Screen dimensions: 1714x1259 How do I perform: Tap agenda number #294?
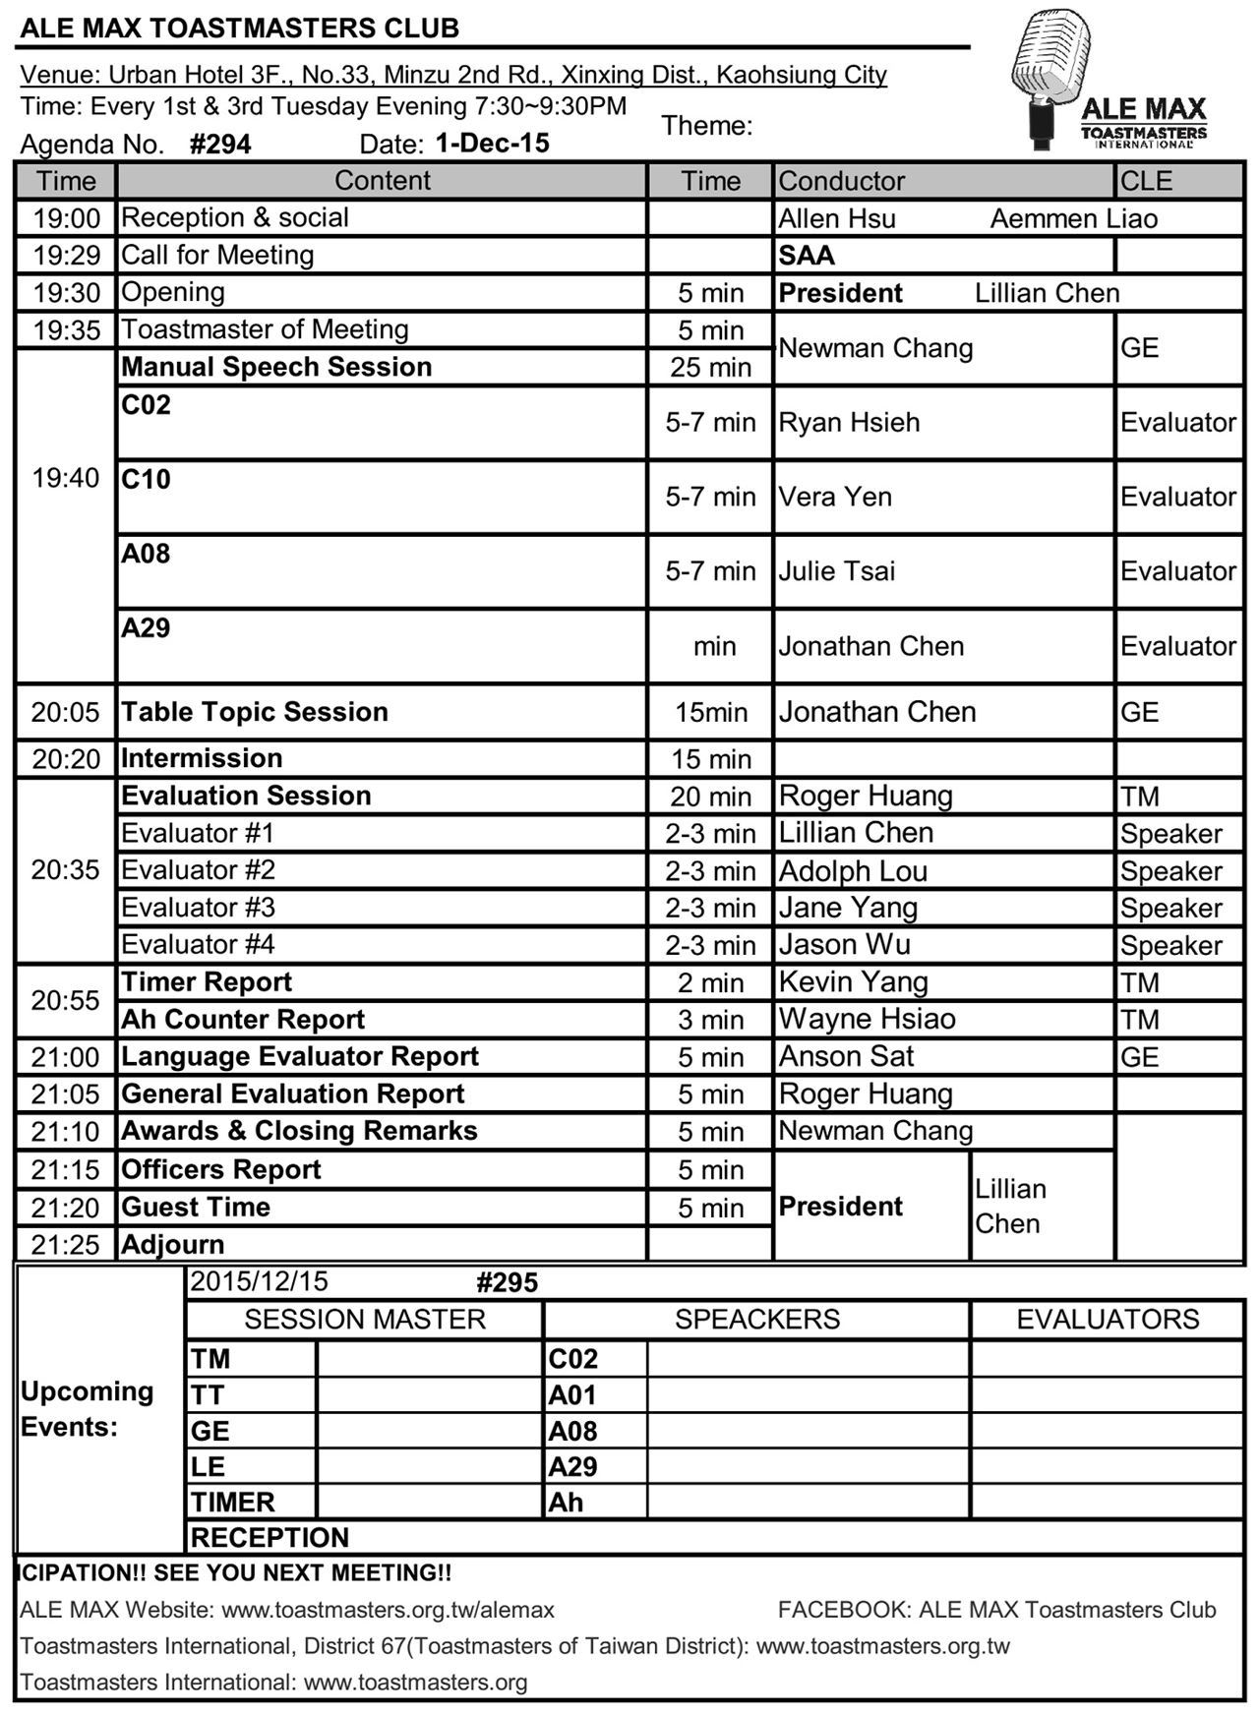(x=220, y=145)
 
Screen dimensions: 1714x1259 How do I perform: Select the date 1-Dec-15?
(x=492, y=144)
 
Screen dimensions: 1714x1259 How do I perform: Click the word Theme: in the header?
(x=706, y=126)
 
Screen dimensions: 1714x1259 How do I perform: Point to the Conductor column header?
(x=842, y=181)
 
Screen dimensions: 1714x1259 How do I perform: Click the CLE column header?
(x=1146, y=181)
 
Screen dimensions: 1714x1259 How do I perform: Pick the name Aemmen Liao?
(x=1073, y=218)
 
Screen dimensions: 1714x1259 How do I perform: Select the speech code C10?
(x=146, y=480)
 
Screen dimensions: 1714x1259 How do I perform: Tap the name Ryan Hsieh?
(x=849, y=423)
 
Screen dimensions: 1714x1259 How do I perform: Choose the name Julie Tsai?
(x=837, y=571)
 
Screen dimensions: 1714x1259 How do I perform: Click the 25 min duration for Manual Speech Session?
(x=710, y=368)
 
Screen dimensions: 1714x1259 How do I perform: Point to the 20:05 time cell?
(x=65, y=713)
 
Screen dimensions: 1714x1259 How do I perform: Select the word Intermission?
(x=202, y=758)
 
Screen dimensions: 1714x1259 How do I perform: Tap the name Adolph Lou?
(x=853, y=871)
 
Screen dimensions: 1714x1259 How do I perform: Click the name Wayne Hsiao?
(x=867, y=1019)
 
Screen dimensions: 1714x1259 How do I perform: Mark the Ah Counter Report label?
(x=243, y=1020)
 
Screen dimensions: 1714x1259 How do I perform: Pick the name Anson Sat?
(x=846, y=1056)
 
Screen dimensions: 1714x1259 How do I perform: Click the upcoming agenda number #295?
(x=507, y=1282)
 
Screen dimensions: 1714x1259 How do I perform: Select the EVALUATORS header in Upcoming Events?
(x=1108, y=1320)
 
